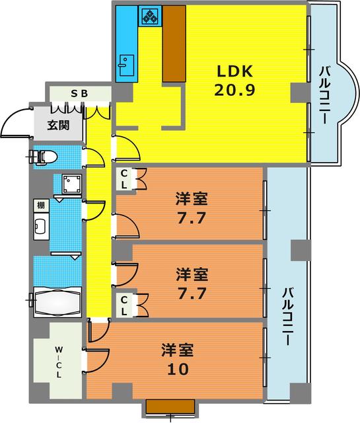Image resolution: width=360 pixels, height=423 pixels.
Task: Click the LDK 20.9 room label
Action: pos(234,81)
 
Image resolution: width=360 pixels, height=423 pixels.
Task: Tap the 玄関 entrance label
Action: pos(57,125)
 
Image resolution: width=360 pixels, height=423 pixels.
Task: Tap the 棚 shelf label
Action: pos(40,206)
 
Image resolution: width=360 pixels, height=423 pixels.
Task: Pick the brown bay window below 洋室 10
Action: pos(170,406)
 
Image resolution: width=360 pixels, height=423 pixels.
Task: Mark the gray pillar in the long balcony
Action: pos(300,250)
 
